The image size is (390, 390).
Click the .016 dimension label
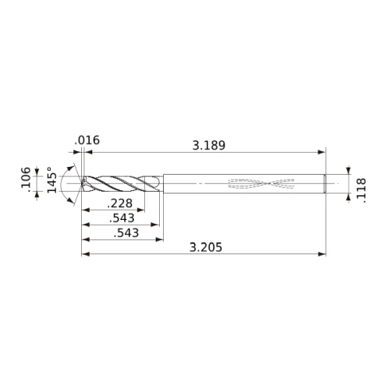coord(87,140)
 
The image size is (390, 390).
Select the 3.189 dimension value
coord(209,146)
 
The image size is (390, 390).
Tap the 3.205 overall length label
coord(206,247)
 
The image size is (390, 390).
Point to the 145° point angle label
coord(52,179)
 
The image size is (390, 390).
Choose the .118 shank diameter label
coord(361,190)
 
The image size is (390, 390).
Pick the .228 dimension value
coord(120,204)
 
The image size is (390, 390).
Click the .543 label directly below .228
coord(122,218)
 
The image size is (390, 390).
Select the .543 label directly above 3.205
coord(126,233)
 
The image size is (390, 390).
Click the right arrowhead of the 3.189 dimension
coord(322,152)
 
